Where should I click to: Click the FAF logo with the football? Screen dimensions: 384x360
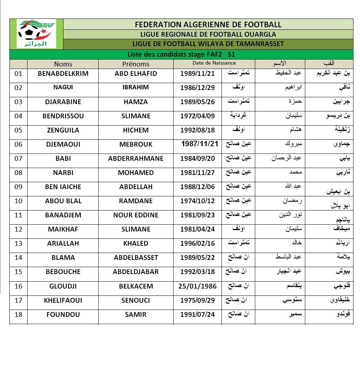36,34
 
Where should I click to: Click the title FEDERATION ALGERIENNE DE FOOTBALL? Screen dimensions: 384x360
208,25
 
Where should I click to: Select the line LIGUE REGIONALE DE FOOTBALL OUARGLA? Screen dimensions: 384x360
208,34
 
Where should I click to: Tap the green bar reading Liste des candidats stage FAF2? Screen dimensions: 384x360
182,54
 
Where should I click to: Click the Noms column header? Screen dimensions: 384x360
63,64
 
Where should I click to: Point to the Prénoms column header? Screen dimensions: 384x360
136,64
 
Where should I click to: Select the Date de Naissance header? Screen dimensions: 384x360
214,63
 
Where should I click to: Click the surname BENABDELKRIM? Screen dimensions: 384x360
63,73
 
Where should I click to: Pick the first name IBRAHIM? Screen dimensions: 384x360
136,87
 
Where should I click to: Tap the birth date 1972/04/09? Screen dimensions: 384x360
198,116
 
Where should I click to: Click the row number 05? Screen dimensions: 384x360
18,130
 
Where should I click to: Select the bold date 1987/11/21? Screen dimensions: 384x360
200,144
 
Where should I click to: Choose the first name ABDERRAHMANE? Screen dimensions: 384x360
136,159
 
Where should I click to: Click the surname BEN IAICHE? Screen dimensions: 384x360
63,187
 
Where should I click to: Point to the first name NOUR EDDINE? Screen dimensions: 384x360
136,215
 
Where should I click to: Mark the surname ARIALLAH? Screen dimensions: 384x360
63,244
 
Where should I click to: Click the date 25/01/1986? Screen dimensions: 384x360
198,286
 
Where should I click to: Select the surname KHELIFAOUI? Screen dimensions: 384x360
63,301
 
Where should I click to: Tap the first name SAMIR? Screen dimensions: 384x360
136,315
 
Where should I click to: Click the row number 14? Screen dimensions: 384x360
18,258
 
